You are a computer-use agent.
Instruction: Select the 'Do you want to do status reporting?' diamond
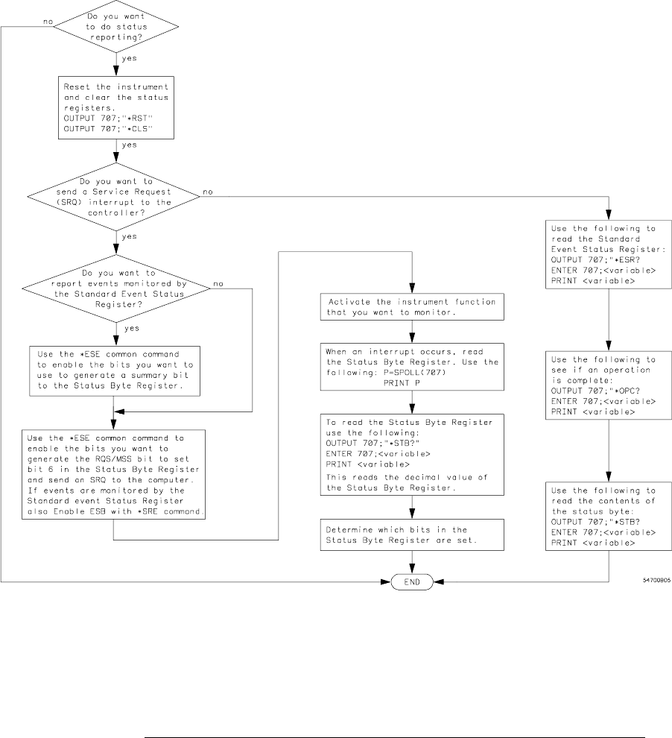tap(115, 26)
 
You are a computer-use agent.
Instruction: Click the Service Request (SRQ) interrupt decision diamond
tap(115, 195)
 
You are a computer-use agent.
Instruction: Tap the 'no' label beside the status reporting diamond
tap(48, 22)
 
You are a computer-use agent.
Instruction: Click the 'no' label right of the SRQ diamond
tap(208, 192)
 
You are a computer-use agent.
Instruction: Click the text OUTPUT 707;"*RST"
tap(103, 117)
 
